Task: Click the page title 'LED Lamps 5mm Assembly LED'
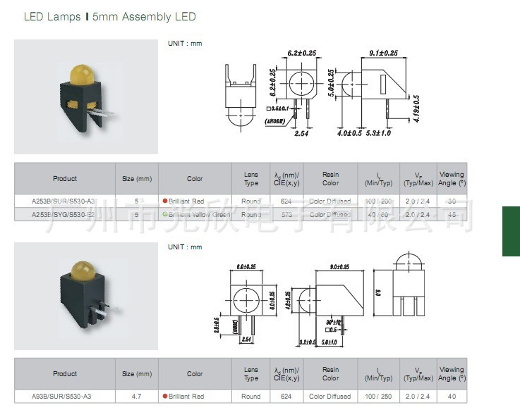(110, 16)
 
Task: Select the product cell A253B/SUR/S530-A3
(64, 201)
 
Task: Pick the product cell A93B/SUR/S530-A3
(62, 397)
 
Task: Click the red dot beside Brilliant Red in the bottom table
(164, 397)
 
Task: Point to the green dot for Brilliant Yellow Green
(164, 214)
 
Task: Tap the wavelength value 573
(286, 214)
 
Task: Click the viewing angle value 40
(452, 397)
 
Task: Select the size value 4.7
(137, 397)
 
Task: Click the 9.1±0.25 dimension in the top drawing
(384, 53)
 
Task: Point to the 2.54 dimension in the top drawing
(301, 132)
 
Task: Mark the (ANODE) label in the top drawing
(274, 121)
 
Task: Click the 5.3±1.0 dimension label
(379, 132)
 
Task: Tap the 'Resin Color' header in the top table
(330, 178)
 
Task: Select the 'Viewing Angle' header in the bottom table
(452, 374)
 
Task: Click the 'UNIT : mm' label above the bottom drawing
(185, 247)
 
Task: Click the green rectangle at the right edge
(511, 231)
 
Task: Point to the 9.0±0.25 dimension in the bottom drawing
(340, 267)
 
